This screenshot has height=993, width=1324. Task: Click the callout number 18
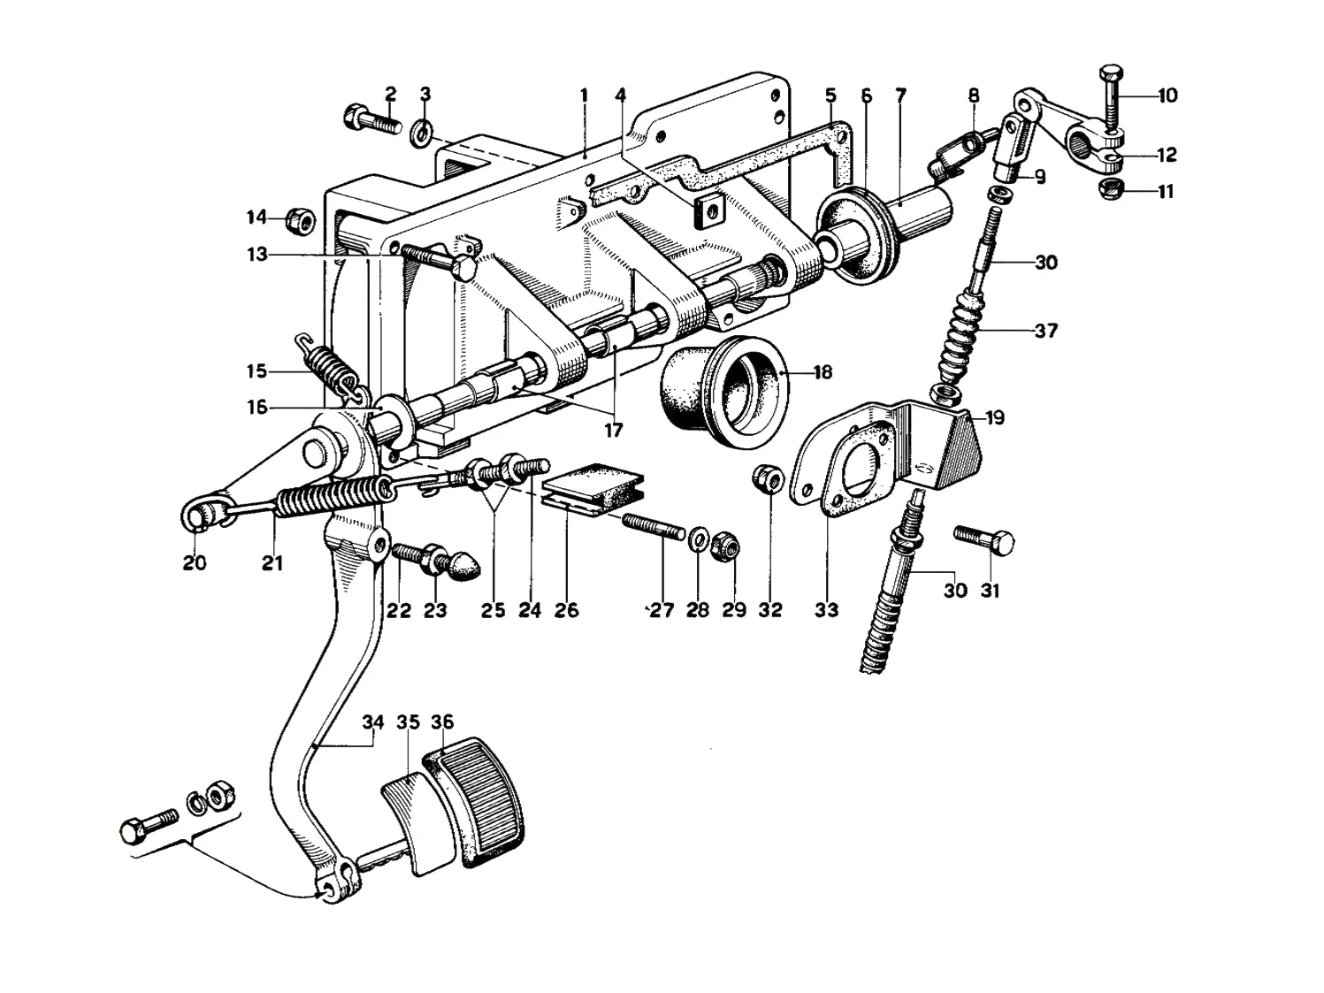pos(823,372)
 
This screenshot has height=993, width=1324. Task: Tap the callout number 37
pos(1046,331)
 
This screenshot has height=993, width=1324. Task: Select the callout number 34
pos(373,722)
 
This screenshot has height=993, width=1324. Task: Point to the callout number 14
pos(257,217)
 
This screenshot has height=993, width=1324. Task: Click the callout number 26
pos(566,610)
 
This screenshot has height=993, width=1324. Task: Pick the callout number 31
pos(990,591)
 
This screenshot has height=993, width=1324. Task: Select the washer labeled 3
pos(421,134)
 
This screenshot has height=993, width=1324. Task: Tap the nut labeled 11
pos(1111,190)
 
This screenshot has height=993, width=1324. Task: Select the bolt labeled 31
pos(984,540)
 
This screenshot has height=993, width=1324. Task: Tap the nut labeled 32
pos(768,479)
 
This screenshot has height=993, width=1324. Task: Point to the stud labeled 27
pos(654,526)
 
